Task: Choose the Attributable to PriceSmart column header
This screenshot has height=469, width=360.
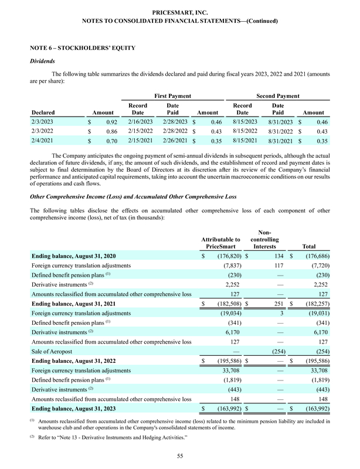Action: coord(220,243)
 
